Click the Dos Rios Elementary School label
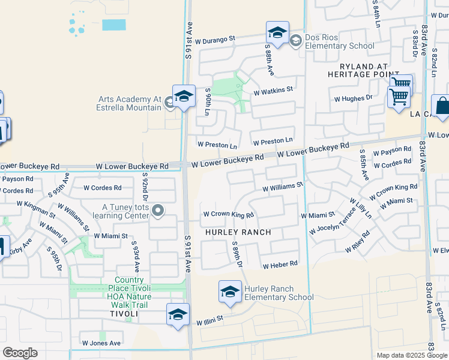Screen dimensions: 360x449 coord(339,41)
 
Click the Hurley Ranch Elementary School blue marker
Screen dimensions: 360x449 coord(229,292)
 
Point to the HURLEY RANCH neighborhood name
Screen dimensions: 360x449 coord(238,232)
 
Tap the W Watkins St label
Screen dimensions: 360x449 coord(273,92)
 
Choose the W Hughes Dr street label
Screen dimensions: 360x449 coord(354,98)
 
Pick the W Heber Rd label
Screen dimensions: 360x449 coord(280,264)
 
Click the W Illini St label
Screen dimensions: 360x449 coord(209,320)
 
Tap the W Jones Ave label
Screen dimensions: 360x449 coord(101,343)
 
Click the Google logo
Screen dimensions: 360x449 coord(20,353)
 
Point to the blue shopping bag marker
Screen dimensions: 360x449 coord(441,106)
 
